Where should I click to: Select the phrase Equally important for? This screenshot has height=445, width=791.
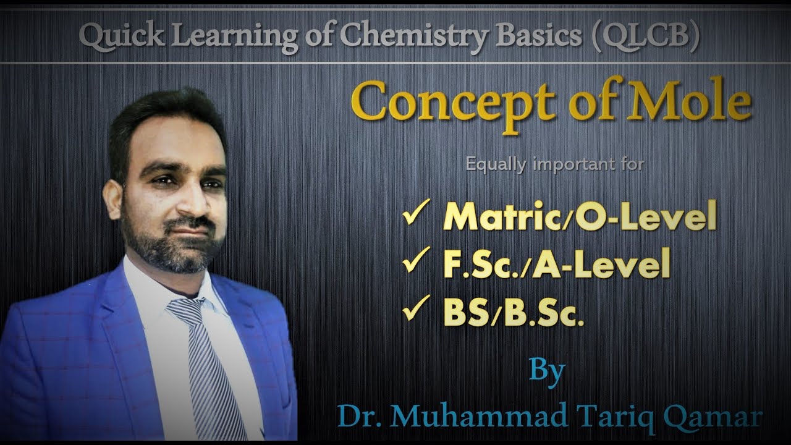(x=555, y=165)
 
